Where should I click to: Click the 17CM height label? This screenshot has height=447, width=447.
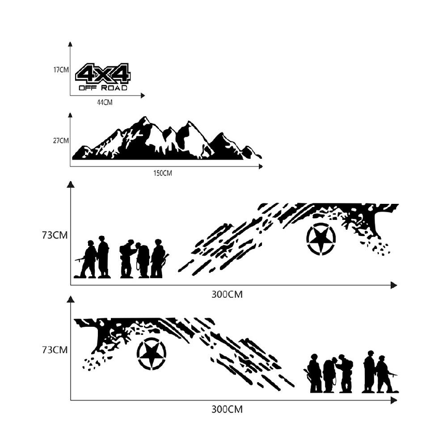61,70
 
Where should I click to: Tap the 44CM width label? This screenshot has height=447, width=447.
105,102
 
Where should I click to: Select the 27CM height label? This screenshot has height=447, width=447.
61,140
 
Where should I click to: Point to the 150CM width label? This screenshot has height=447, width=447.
163,173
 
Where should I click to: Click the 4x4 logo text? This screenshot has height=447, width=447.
103,74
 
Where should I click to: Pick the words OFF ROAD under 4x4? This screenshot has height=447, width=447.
103,88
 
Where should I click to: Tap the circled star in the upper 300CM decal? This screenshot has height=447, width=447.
321,237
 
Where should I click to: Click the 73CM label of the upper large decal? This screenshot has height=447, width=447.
55,235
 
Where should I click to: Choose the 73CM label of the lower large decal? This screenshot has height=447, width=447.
55,350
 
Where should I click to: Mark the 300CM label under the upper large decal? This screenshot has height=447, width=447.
227,294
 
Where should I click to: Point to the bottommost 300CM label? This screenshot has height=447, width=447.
227,409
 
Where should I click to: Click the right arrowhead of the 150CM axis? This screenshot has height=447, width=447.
261,166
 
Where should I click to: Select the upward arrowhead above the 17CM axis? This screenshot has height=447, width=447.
71,44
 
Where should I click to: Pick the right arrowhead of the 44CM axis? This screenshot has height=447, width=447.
143,96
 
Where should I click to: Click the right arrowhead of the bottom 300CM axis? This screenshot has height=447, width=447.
394,401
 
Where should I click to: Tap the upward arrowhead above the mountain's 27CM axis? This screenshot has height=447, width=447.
71,115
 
